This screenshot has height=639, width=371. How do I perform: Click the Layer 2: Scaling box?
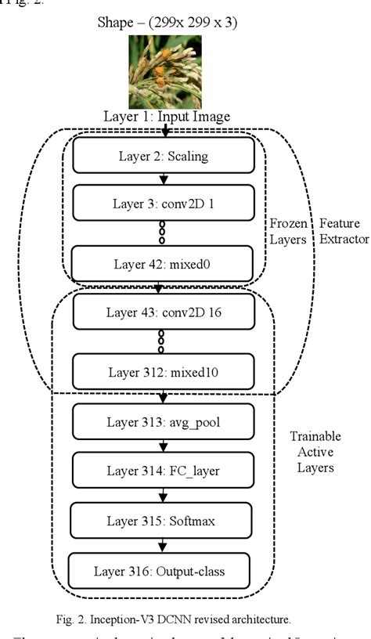163,155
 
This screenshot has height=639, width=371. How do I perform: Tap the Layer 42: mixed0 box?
163,263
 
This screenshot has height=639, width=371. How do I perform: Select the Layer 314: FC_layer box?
163,472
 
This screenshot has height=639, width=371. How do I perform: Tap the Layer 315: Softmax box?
163,520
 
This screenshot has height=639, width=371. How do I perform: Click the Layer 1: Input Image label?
167,117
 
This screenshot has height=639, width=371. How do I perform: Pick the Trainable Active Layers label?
315,452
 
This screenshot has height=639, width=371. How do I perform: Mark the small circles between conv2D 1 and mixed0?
162,233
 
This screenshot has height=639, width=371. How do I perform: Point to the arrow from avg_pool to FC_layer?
162,448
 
